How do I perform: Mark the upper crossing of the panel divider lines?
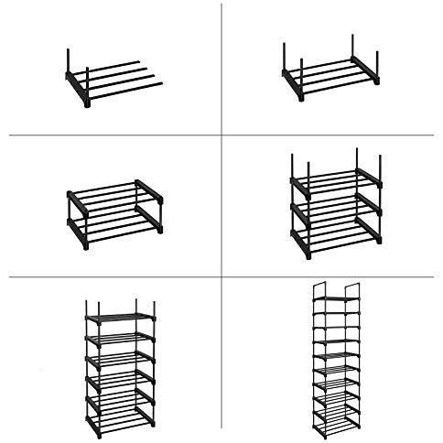222,137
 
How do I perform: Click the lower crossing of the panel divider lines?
222,276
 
